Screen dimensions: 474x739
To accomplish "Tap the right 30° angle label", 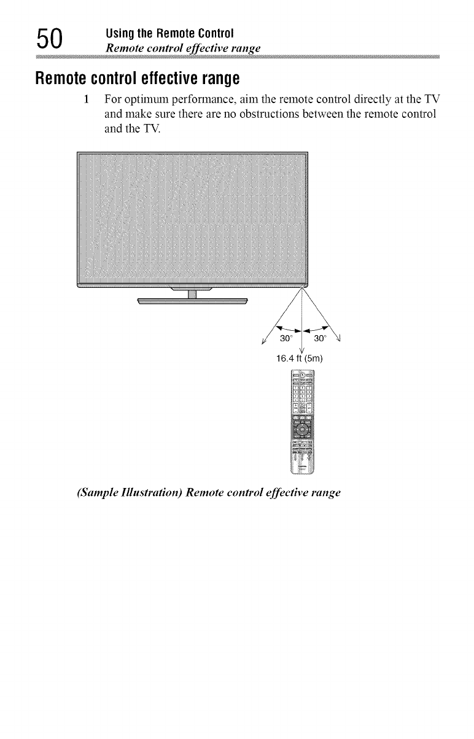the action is (321, 339).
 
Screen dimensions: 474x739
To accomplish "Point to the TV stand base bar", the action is (192, 301).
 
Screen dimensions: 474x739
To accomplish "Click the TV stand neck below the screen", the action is (192, 293).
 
